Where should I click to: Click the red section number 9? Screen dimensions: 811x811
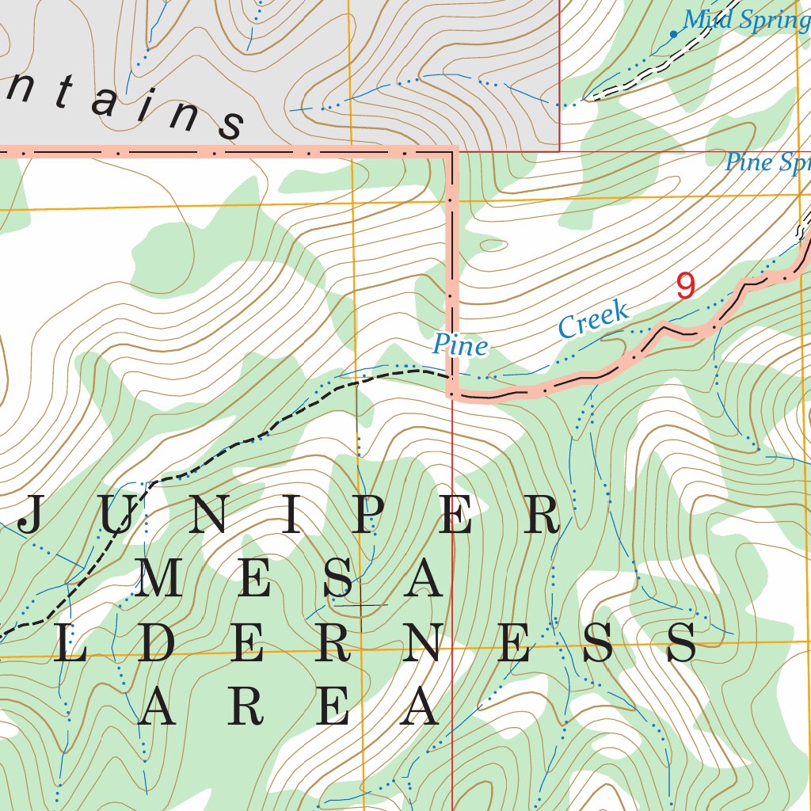(x=687, y=286)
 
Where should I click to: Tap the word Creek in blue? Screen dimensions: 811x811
(x=593, y=319)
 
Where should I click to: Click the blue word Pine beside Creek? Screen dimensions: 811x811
(x=459, y=345)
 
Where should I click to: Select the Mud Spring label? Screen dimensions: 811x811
(x=744, y=19)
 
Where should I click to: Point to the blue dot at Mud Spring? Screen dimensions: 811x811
(x=673, y=34)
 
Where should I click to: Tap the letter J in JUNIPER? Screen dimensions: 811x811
(x=29, y=517)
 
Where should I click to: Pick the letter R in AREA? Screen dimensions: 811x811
(x=248, y=707)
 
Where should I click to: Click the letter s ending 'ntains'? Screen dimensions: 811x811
(x=231, y=123)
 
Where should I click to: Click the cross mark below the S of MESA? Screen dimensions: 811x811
(x=360, y=605)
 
